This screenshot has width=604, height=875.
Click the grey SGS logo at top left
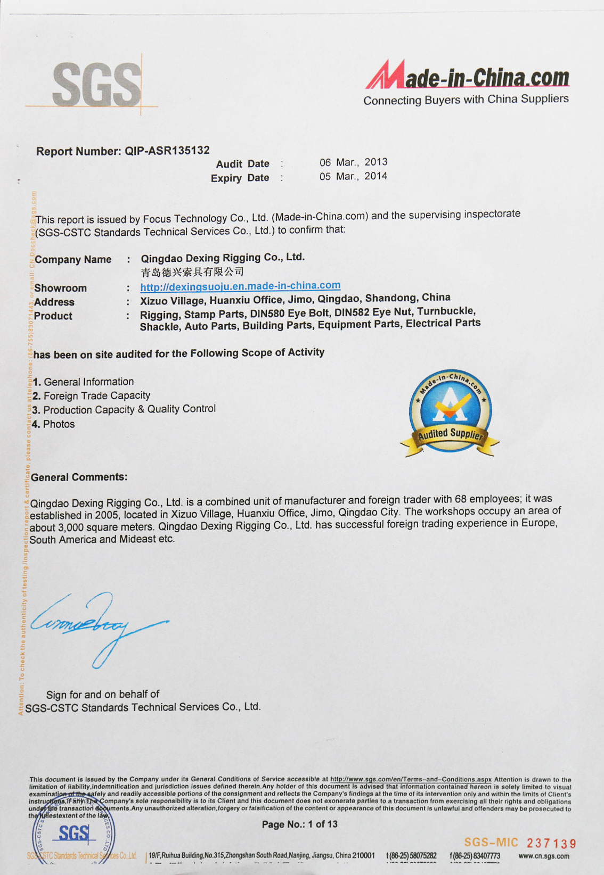point(96,85)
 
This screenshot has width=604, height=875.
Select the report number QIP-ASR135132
point(167,151)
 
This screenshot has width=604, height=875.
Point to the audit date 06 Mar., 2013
point(353,162)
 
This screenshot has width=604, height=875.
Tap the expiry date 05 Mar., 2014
point(353,176)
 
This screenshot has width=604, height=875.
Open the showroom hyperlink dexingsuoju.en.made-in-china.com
point(240,286)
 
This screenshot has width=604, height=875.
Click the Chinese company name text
point(192,272)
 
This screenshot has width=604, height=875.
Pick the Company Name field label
point(73,260)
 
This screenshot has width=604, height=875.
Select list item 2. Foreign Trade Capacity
point(91,396)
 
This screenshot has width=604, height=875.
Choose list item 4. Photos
point(53,424)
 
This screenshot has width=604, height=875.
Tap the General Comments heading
point(79,477)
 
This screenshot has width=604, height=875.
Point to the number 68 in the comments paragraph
point(461,499)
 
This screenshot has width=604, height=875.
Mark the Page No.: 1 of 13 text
point(299,824)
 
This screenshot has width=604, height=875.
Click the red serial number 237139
point(551,844)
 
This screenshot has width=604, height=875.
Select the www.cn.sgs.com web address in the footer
point(543,856)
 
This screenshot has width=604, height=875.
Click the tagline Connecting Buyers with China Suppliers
point(466,100)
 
